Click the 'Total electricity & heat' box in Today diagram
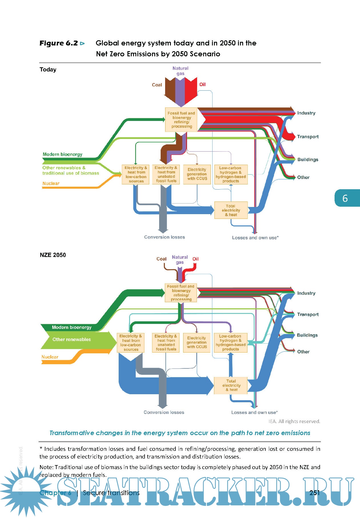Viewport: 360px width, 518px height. click(231, 210)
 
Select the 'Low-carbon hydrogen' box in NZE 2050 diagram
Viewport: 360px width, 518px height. click(231, 342)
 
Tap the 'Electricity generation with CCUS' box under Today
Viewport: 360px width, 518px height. click(197, 174)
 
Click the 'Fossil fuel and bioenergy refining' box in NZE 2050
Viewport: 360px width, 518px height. click(181, 293)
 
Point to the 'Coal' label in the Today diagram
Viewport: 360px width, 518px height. click(157, 85)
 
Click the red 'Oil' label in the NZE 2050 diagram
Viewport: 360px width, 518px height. click(195, 259)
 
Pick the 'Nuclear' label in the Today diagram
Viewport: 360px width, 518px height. click(51, 184)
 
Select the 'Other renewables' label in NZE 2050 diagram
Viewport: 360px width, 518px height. click(71, 340)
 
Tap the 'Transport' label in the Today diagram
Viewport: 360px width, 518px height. click(308, 137)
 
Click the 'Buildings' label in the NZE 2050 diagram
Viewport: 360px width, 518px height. click(307, 335)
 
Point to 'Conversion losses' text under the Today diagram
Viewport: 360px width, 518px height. click(164, 237)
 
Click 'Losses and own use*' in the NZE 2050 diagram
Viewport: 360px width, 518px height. click(254, 412)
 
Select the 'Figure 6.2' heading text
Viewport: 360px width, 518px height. click(59, 43)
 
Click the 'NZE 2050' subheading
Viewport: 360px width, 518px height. click(53, 255)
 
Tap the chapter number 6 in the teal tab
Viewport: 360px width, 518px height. click(345, 198)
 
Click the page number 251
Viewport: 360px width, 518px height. click(315, 493)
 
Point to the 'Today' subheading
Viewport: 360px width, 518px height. click(48, 69)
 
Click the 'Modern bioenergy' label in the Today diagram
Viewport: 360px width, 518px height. click(62, 154)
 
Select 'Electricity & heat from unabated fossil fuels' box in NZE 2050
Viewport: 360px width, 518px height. click(166, 342)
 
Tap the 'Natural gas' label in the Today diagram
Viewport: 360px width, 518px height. click(180, 71)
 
